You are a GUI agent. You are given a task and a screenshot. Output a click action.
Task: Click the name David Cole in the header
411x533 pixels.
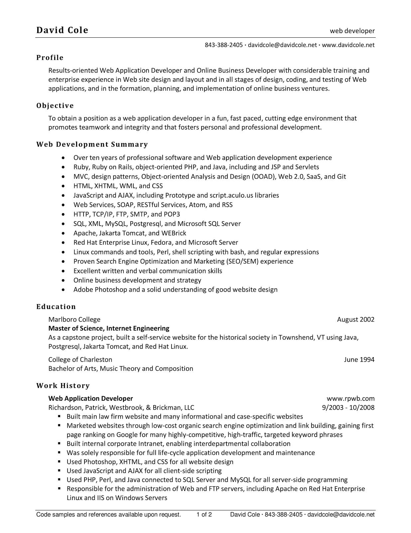coord(62,30)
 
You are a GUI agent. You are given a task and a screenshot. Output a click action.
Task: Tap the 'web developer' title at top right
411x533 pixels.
coord(352,31)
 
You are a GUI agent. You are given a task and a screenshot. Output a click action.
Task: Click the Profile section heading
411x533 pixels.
coord(50,58)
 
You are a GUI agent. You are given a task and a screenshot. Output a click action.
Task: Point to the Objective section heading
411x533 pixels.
coord(55,106)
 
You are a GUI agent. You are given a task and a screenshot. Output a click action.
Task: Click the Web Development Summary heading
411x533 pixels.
coord(92,144)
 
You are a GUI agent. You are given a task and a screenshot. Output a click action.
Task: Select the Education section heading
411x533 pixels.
coord(56,306)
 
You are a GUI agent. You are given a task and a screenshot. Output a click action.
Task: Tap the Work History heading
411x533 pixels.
coord(63,385)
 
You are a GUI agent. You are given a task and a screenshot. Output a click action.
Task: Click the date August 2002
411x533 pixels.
coord(355,319)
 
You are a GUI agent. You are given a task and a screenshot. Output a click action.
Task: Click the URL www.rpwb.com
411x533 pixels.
coord(350,398)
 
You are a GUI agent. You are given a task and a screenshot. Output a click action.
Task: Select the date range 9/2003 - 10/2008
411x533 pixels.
coord(348,407)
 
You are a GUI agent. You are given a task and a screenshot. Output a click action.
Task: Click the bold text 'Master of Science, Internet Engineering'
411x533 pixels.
coord(109,328)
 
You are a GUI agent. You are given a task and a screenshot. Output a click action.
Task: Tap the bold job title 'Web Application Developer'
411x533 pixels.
coord(90,398)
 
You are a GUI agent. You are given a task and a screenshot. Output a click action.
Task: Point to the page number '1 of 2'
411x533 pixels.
coord(204,515)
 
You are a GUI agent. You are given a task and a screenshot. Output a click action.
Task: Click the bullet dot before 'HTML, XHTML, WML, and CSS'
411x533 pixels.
coord(64,186)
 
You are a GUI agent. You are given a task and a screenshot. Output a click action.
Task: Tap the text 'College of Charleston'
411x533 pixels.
coord(80,359)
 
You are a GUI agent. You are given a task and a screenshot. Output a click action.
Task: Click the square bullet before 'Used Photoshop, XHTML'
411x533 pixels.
coord(60,462)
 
